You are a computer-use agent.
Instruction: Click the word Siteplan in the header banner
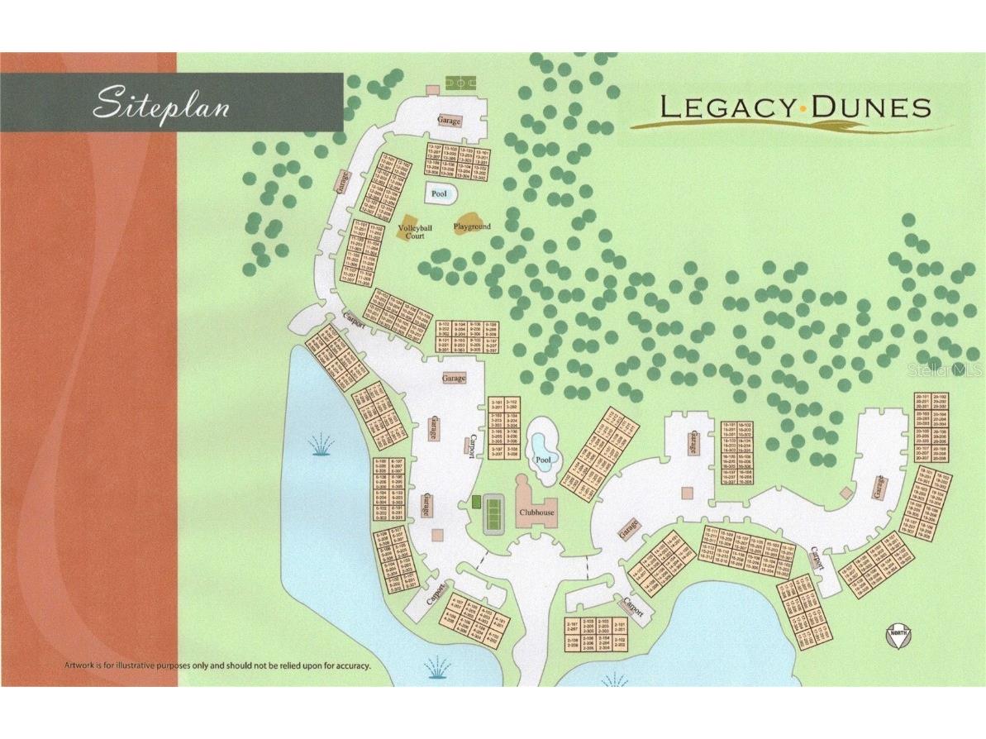click(x=160, y=105)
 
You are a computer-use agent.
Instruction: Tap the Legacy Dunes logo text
click(x=794, y=107)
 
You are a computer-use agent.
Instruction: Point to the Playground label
click(x=472, y=226)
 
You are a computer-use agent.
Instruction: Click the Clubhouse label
click(x=536, y=512)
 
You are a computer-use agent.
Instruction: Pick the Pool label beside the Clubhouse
click(x=542, y=460)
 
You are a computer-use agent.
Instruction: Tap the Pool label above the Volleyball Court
click(x=440, y=194)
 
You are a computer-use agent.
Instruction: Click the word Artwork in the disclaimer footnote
click(x=82, y=665)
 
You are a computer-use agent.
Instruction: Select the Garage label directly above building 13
click(x=449, y=122)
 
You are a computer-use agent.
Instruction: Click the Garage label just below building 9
click(x=454, y=378)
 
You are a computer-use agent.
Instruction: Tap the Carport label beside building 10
click(x=355, y=317)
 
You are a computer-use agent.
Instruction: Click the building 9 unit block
click(x=468, y=336)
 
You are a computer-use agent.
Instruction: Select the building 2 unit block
click(x=595, y=634)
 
